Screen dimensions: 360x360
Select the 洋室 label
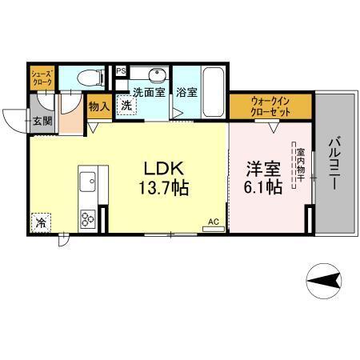pos(262,169)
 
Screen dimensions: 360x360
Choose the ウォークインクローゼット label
pos(270,106)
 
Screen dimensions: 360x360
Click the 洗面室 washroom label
pos(147,91)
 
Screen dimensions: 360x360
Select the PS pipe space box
pos(121,70)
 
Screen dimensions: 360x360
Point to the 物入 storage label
pos(99,106)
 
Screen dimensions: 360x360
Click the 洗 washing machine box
pos(126,105)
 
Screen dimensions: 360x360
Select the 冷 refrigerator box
pos(40,222)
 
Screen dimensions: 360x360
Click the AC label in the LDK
pos(213,222)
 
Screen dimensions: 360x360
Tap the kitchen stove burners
pos(87,217)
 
